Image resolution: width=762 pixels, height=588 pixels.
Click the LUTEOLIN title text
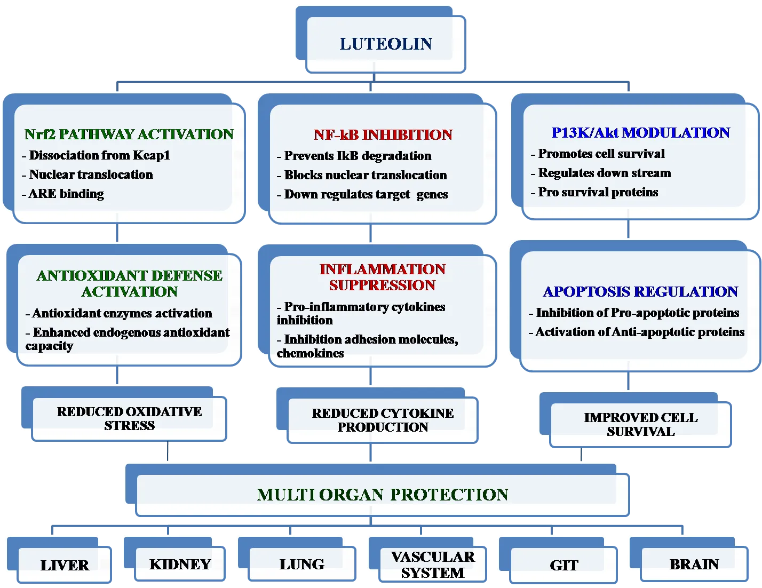(x=386, y=44)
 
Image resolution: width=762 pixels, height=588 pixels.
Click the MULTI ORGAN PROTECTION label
(x=383, y=495)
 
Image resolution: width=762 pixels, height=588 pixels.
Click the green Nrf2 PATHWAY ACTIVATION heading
(x=129, y=134)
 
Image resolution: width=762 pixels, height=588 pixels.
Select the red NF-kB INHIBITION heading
(x=383, y=134)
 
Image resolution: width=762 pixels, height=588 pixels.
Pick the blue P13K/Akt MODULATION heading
(x=641, y=132)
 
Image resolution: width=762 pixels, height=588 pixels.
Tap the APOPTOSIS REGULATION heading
(x=640, y=291)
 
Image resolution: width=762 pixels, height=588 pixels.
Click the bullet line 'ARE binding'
(x=63, y=194)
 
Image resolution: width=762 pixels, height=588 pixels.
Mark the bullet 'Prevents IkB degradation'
(x=354, y=156)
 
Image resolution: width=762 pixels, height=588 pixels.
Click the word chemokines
(x=311, y=353)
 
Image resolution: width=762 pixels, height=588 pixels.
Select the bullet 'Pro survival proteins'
(x=594, y=192)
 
